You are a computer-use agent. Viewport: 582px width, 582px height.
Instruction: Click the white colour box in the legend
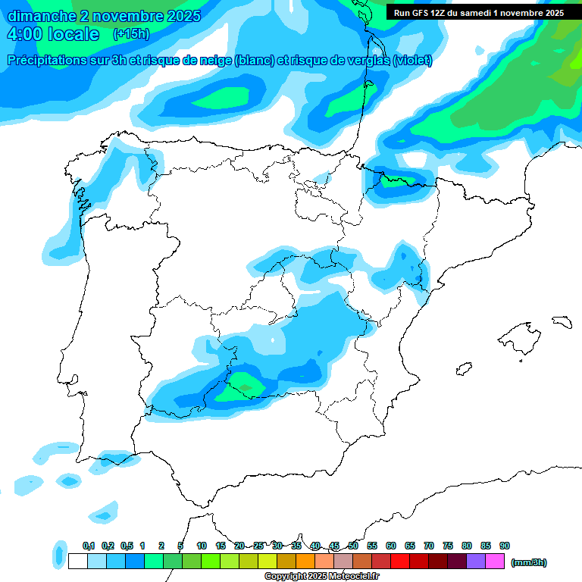point(77,562)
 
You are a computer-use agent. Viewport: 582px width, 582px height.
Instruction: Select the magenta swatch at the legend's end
point(495,562)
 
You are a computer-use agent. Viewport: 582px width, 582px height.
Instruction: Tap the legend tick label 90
point(505,546)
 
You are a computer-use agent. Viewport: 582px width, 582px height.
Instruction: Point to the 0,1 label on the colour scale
point(89,546)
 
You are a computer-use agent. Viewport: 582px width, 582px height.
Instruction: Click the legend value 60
point(391,546)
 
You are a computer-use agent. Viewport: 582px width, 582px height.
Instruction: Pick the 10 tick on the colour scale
point(202,546)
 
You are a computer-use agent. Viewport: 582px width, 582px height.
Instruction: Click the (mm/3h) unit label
point(529,562)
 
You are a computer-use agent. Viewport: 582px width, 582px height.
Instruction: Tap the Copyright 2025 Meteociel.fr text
point(321,577)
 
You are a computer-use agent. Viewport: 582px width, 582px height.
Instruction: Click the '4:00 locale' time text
point(53,34)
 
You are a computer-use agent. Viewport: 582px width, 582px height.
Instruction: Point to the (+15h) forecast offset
point(130,34)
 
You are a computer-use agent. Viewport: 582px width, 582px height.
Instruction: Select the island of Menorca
point(562,321)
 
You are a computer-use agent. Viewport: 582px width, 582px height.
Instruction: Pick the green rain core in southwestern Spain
point(244,384)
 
